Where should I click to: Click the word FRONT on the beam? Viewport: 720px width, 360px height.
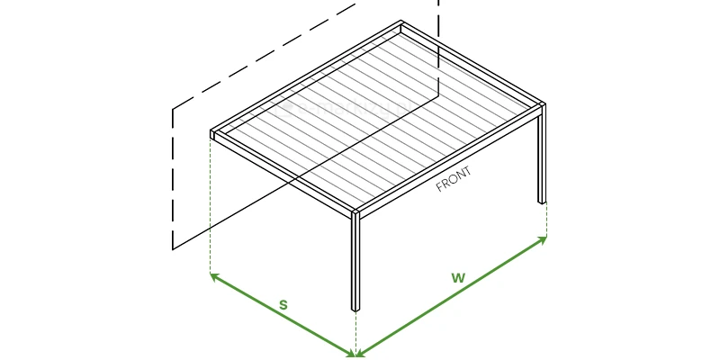[454, 179]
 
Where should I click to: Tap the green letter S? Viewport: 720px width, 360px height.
[283, 305]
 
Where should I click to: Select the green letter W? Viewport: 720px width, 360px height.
[458, 278]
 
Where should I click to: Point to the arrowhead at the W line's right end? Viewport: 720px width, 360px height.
[543, 239]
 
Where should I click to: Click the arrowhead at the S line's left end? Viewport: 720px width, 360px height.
[214, 276]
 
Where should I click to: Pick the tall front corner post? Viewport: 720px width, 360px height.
[355, 262]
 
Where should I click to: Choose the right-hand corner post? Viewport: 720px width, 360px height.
[543, 154]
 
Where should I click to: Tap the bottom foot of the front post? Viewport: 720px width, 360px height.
[355, 310]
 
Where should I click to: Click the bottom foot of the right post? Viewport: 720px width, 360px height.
[543, 202]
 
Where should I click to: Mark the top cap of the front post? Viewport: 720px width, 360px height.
[355, 212]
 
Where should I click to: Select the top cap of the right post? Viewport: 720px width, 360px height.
[543, 105]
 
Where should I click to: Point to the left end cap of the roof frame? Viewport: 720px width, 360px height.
[212, 134]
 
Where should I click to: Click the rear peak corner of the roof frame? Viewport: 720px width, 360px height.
[400, 22]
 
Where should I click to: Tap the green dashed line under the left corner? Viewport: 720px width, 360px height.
[211, 206]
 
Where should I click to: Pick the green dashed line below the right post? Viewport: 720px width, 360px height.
[546, 220]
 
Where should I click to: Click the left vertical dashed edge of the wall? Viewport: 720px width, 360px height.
[173, 179]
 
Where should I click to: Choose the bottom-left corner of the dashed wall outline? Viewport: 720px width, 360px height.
[173, 250]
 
